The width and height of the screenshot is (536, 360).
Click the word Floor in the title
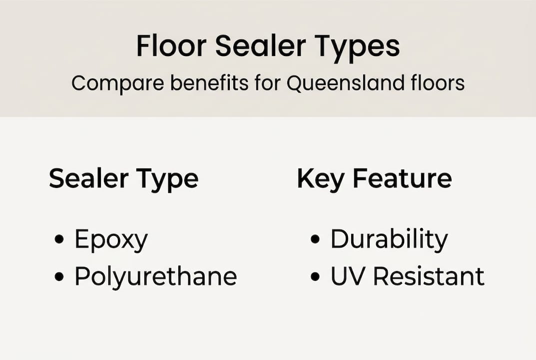pos(170,46)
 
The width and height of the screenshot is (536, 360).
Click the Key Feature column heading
pos(374,179)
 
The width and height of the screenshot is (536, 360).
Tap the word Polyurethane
pos(155,276)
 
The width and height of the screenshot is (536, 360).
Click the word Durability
pos(389,240)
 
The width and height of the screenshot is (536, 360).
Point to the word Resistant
pos(429,276)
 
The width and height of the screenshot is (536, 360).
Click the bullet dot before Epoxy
pos(59,240)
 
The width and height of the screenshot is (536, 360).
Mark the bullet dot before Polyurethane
pos(59,276)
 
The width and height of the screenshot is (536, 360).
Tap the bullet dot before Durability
pos(315,240)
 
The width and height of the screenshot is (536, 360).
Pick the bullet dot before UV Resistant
pos(315,276)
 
